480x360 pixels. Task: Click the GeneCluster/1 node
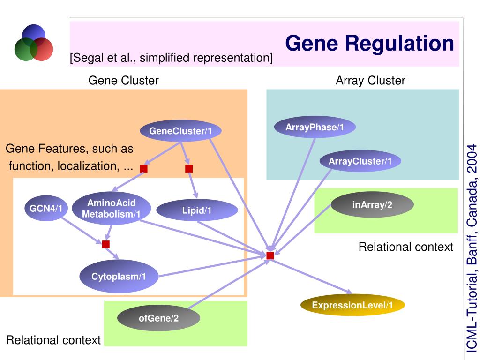pyautogui.click(x=180, y=131)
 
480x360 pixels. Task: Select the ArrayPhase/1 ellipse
pyautogui.click(x=315, y=127)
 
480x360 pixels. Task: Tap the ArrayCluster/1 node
pyautogui.click(x=360, y=161)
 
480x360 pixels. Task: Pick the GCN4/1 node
pyautogui.click(x=46, y=209)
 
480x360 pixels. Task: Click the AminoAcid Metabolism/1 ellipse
pyautogui.click(x=112, y=208)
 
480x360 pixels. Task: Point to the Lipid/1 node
pyautogui.click(x=197, y=210)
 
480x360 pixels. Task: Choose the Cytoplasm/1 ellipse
pyautogui.click(x=119, y=276)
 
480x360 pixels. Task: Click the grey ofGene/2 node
pyautogui.click(x=158, y=318)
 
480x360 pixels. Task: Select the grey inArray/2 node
pyautogui.click(x=372, y=204)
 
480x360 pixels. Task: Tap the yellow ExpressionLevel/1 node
pyautogui.click(x=352, y=305)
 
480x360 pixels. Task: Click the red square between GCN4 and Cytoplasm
pyautogui.click(x=106, y=244)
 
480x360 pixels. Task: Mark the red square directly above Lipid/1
pyautogui.click(x=189, y=168)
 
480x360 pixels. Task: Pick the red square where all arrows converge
pyautogui.click(x=270, y=255)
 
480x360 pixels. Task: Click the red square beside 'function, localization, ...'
pyautogui.click(x=143, y=168)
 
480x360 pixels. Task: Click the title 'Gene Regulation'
pyautogui.click(x=369, y=43)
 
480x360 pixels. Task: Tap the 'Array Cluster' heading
pyautogui.click(x=370, y=81)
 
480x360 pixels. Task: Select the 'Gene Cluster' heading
pyautogui.click(x=123, y=81)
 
